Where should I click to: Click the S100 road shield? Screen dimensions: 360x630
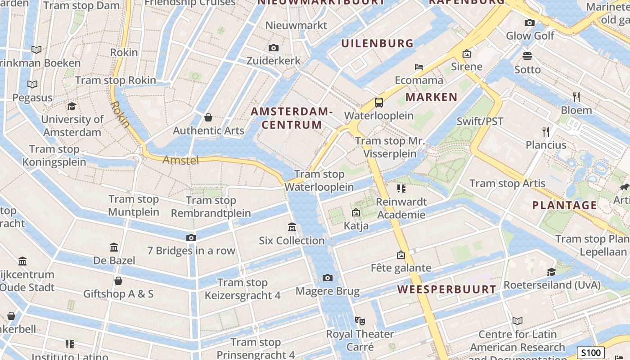pos(590,353)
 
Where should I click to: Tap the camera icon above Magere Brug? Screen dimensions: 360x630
pos(328,278)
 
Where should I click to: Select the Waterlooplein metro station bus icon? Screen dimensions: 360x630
pos(379,103)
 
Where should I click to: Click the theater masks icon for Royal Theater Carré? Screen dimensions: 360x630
pos(359,320)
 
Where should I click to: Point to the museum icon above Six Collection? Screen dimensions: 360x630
pos(292,227)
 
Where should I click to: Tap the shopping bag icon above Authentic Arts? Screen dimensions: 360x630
pos(208,117)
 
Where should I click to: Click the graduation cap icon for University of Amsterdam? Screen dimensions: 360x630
pos(72,106)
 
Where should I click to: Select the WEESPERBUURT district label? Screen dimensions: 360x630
pos(447,289)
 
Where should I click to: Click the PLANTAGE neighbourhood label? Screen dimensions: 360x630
pos(564,205)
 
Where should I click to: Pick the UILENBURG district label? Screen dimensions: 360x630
pos(377,43)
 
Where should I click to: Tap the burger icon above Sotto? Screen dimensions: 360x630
pos(527,56)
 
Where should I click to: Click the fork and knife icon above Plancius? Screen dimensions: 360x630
pos(546,131)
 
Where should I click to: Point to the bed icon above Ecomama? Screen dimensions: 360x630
pos(419,67)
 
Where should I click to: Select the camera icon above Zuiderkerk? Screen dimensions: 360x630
pos(273,48)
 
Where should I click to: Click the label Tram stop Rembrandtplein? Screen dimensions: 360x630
pos(211,207)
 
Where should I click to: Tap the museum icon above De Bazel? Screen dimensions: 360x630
pos(114,247)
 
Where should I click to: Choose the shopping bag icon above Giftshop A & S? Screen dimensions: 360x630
pos(118,281)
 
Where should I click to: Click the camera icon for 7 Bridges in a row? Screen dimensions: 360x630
pos(191,238)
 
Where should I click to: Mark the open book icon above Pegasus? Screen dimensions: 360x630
pos(32,84)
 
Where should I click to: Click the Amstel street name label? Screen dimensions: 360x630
pos(180,160)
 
